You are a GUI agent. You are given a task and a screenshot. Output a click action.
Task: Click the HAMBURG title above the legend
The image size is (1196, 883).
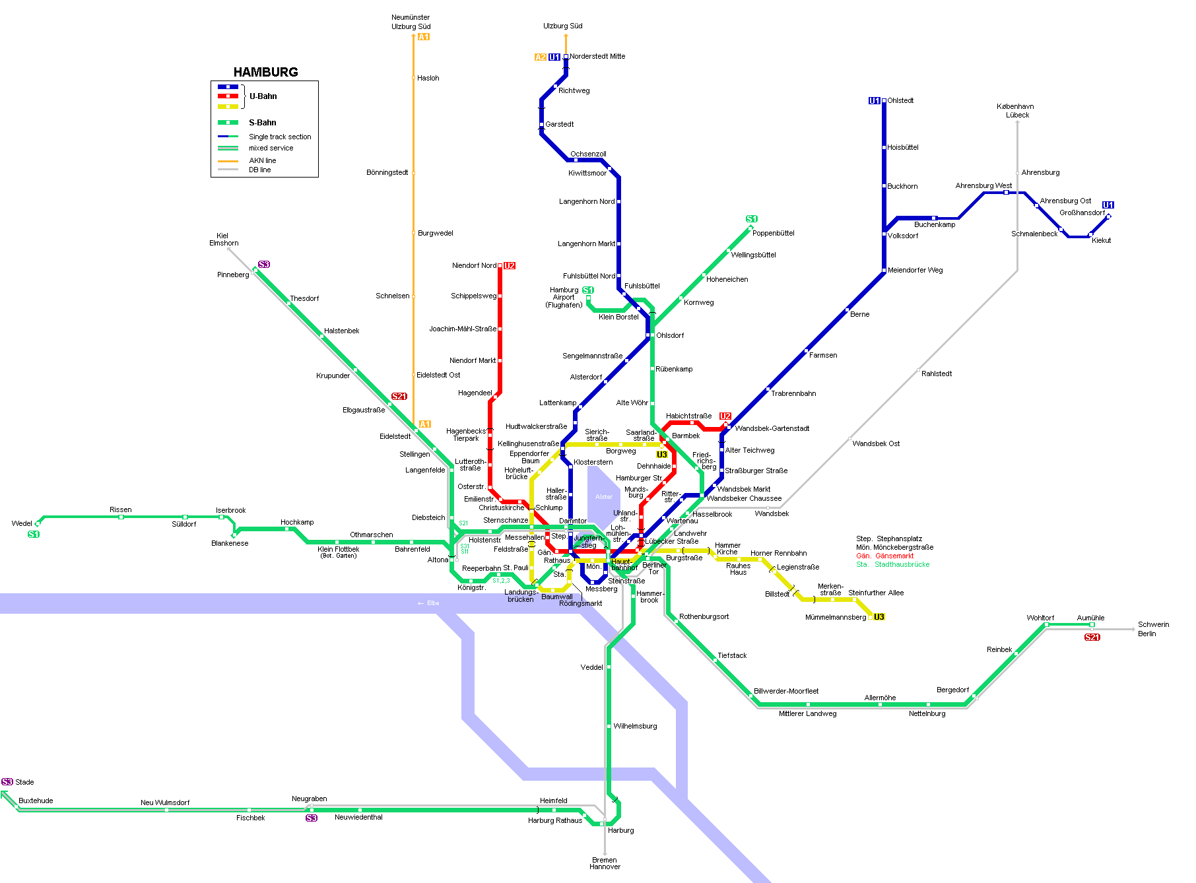(x=265, y=72)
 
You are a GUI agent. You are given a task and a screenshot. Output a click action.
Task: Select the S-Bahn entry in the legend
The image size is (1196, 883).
(x=262, y=123)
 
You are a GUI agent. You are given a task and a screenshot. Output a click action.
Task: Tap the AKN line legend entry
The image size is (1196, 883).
(x=262, y=160)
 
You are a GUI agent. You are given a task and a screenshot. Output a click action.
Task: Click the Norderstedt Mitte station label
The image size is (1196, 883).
(x=597, y=57)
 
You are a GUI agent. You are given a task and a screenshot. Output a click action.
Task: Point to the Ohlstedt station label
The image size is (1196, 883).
(x=900, y=101)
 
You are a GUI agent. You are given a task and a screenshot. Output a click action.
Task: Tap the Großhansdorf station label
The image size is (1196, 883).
(x=1082, y=213)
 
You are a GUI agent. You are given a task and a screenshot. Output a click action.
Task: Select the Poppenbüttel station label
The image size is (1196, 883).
(x=773, y=233)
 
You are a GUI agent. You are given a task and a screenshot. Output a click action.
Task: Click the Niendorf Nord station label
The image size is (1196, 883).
(x=474, y=265)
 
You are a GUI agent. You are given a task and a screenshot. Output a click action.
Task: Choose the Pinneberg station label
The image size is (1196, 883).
(x=233, y=275)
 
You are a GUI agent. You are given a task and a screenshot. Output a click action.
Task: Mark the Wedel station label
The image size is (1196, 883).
(x=22, y=523)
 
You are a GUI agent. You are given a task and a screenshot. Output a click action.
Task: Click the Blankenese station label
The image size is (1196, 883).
(x=230, y=543)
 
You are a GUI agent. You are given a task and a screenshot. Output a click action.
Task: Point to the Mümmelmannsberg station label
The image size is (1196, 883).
(x=836, y=618)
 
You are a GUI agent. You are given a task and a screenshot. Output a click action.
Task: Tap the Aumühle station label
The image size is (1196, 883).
(x=1090, y=618)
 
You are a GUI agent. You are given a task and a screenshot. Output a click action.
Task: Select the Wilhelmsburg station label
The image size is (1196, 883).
(x=635, y=726)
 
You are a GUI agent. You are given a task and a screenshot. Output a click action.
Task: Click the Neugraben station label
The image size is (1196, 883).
(x=309, y=799)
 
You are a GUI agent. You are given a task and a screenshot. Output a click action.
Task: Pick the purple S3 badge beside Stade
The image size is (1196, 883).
(x=7, y=782)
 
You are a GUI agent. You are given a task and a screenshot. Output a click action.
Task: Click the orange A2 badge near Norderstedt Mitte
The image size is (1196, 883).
(x=540, y=57)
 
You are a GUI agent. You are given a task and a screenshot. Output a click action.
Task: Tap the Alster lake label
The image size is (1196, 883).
(x=604, y=497)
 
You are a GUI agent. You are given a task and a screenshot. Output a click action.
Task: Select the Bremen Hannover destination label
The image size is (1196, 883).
(x=605, y=863)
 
